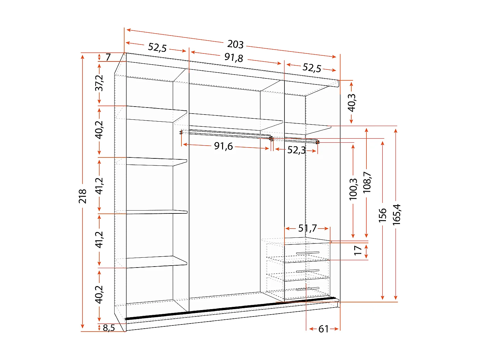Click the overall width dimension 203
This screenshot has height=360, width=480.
point(236,44)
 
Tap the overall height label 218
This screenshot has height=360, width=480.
point(83,196)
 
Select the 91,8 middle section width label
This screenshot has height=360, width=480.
point(234,58)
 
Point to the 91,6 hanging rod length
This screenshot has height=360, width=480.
point(223,146)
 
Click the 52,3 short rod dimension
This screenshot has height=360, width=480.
point(296,150)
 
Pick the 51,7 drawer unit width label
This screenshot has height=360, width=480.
point(307,228)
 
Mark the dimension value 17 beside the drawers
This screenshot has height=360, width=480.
point(358,250)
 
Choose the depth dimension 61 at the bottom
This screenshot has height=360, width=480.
point(324,329)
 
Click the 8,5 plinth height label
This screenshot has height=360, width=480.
point(109,328)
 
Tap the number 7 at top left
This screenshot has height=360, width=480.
point(108,57)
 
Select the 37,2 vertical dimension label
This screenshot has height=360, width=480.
point(100,83)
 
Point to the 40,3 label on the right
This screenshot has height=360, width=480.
point(351,102)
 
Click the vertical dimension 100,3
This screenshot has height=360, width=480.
point(353,189)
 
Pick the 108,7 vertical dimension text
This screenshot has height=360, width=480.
point(367,182)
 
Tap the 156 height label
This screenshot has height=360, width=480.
point(383,215)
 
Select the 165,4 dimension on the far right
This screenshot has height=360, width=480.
point(396,214)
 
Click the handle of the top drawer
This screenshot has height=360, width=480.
point(308,253)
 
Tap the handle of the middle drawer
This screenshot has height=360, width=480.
point(308,271)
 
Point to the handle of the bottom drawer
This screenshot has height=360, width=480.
point(308,289)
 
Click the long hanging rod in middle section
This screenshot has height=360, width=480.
point(226,133)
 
